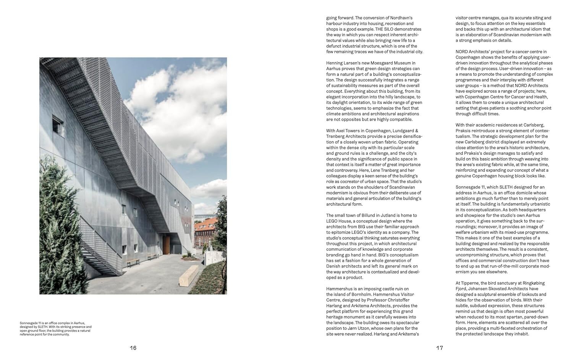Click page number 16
(133, 348)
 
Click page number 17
(439, 348)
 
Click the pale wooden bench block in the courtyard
(188, 275)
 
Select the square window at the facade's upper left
(58, 123)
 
